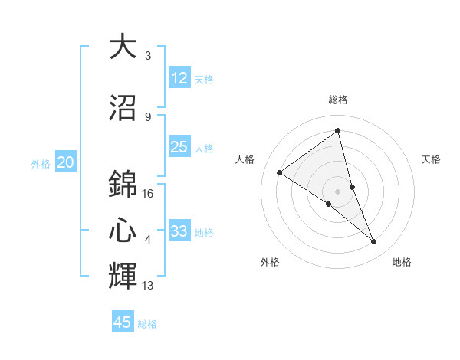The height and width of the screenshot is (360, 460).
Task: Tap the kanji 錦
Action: [123, 185]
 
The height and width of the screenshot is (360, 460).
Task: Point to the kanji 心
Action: [123, 231]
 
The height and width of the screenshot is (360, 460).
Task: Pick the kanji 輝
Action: [123, 277]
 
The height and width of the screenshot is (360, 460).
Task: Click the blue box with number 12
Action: [179, 78]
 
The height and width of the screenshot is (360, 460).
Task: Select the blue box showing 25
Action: [179, 147]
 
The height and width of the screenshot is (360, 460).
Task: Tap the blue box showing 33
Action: [179, 231]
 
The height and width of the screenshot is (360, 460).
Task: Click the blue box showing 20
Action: [66, 162]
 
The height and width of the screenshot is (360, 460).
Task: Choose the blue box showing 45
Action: [123, 322]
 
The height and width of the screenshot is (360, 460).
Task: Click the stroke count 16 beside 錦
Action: [149, 194]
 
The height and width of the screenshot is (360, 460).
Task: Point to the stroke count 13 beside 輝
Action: [149, 286]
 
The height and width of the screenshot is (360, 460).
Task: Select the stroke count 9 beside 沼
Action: [148, 117]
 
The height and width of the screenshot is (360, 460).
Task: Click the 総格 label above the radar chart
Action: [338, 100]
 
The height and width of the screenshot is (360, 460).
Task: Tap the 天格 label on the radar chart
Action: [431, 159]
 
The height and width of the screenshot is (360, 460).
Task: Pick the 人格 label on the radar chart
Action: [245, 159]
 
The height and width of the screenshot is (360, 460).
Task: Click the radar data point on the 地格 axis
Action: [374, 242]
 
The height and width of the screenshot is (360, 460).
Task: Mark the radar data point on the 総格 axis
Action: [338, 130]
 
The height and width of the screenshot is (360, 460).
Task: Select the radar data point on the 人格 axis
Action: [280, 172]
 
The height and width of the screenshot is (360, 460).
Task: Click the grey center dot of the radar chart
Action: [338, 191]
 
